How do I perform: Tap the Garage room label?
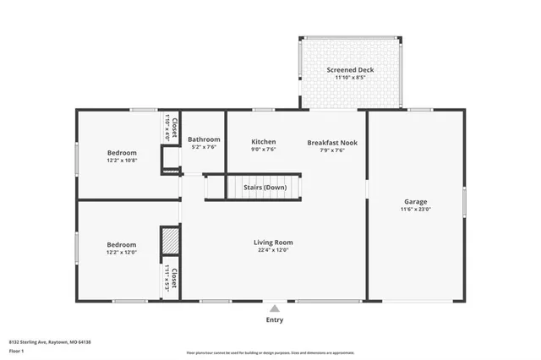(415, 201)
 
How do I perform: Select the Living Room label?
(272, 242)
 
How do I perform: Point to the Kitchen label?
(264, 142)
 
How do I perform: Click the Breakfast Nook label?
(331, 142)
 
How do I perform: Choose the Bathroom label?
(204, 139)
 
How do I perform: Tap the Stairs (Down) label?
(265, 187)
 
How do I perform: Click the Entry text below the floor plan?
(275, 320)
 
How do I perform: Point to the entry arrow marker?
(275, 308)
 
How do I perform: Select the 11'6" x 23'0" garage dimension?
(415, 210)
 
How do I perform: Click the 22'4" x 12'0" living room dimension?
(272, 251)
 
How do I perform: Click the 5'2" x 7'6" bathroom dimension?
(204, 148)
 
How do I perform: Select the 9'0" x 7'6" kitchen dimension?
(264, 150)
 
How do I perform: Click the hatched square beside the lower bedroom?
(170, 241)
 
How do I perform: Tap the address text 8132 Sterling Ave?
(50, 341)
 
